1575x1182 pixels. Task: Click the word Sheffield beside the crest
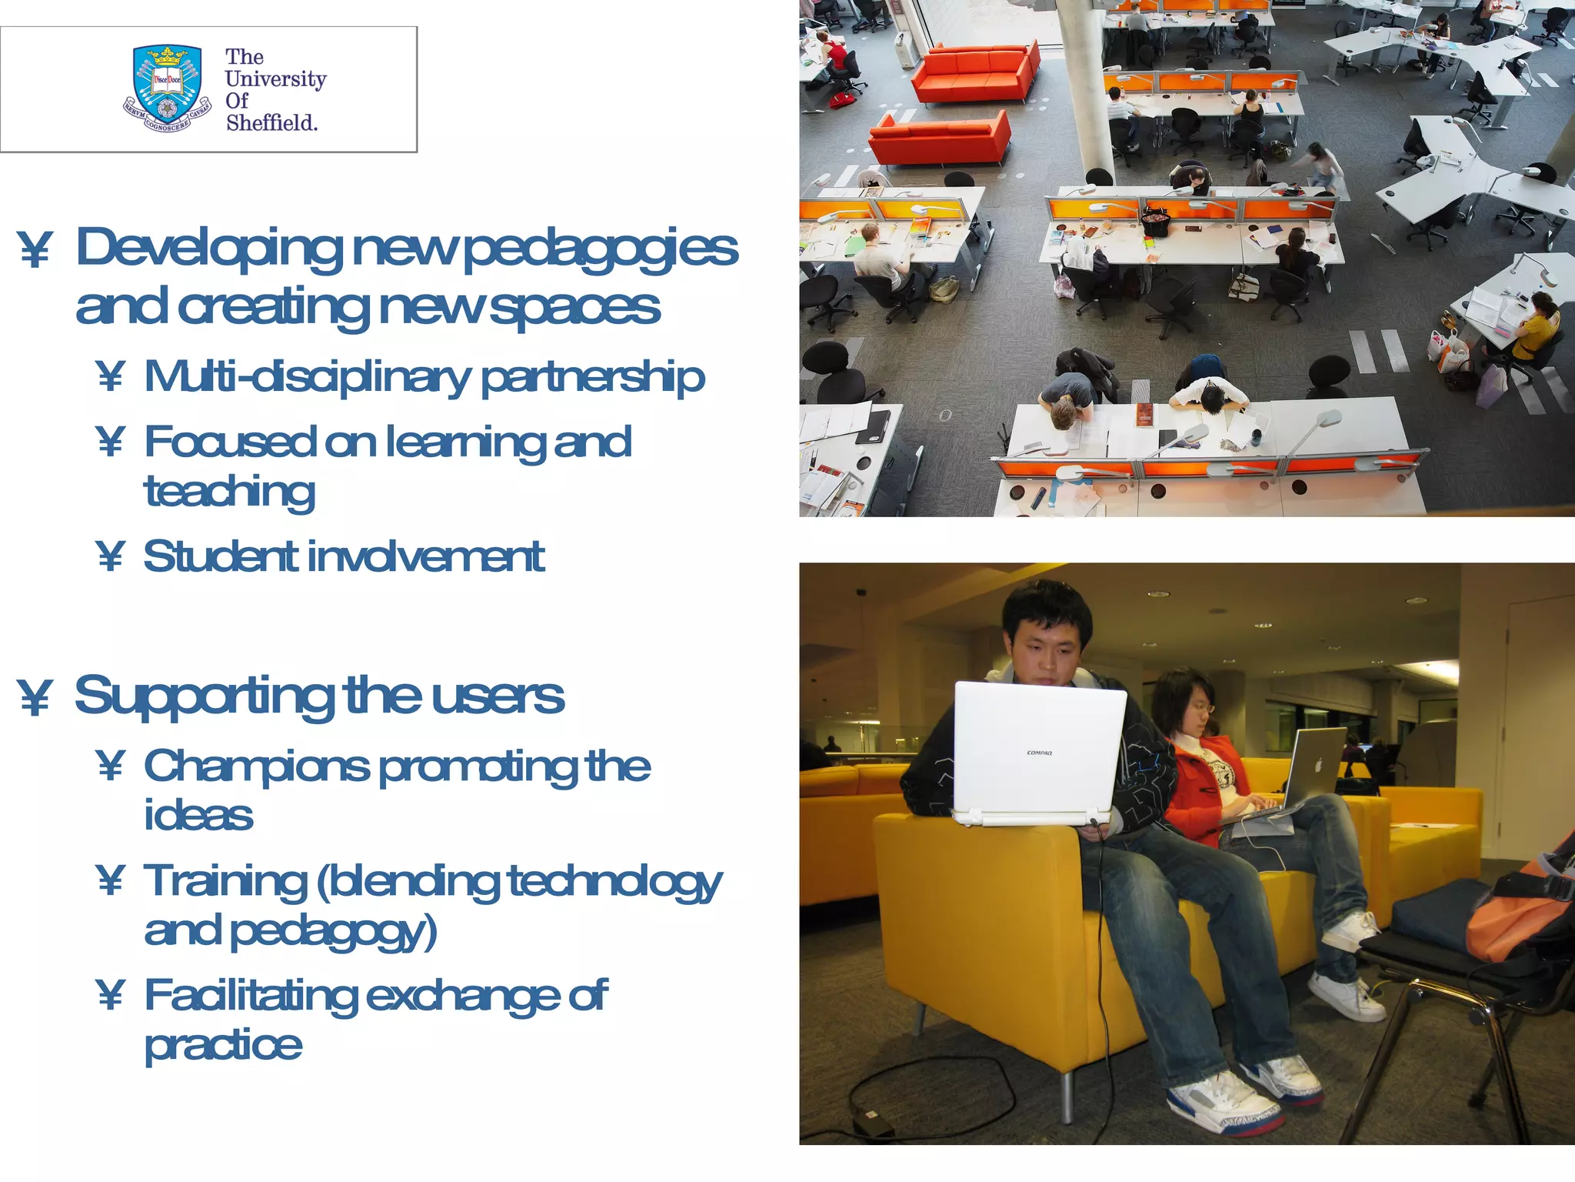[x=271, y=123]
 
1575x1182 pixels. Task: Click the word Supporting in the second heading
[x=204, y=697]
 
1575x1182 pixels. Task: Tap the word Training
[x=225, y=881]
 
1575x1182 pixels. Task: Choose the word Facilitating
[x=251, y=996]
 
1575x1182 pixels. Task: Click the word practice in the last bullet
[x=223, y=1045]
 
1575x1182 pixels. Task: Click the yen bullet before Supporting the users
[x=35, y=698]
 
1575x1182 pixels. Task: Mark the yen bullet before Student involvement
[x=111, y=556]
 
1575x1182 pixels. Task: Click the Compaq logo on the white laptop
[x=1039, y=753]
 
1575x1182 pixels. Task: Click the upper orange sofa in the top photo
[x=975, y=71]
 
